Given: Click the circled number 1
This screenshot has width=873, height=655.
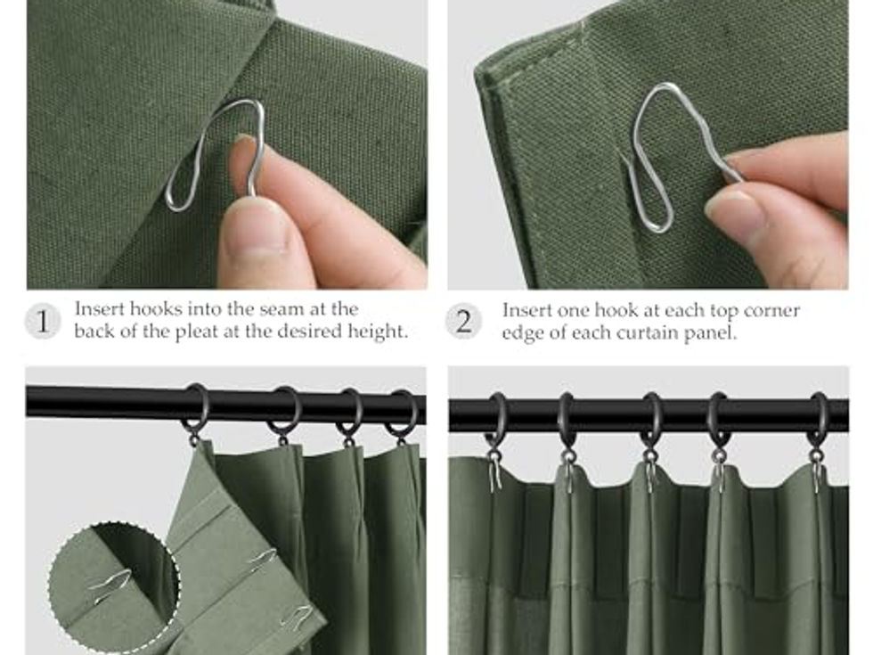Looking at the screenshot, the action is [x=43, y=322].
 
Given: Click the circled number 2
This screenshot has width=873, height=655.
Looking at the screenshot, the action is [x=464, y=322].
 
